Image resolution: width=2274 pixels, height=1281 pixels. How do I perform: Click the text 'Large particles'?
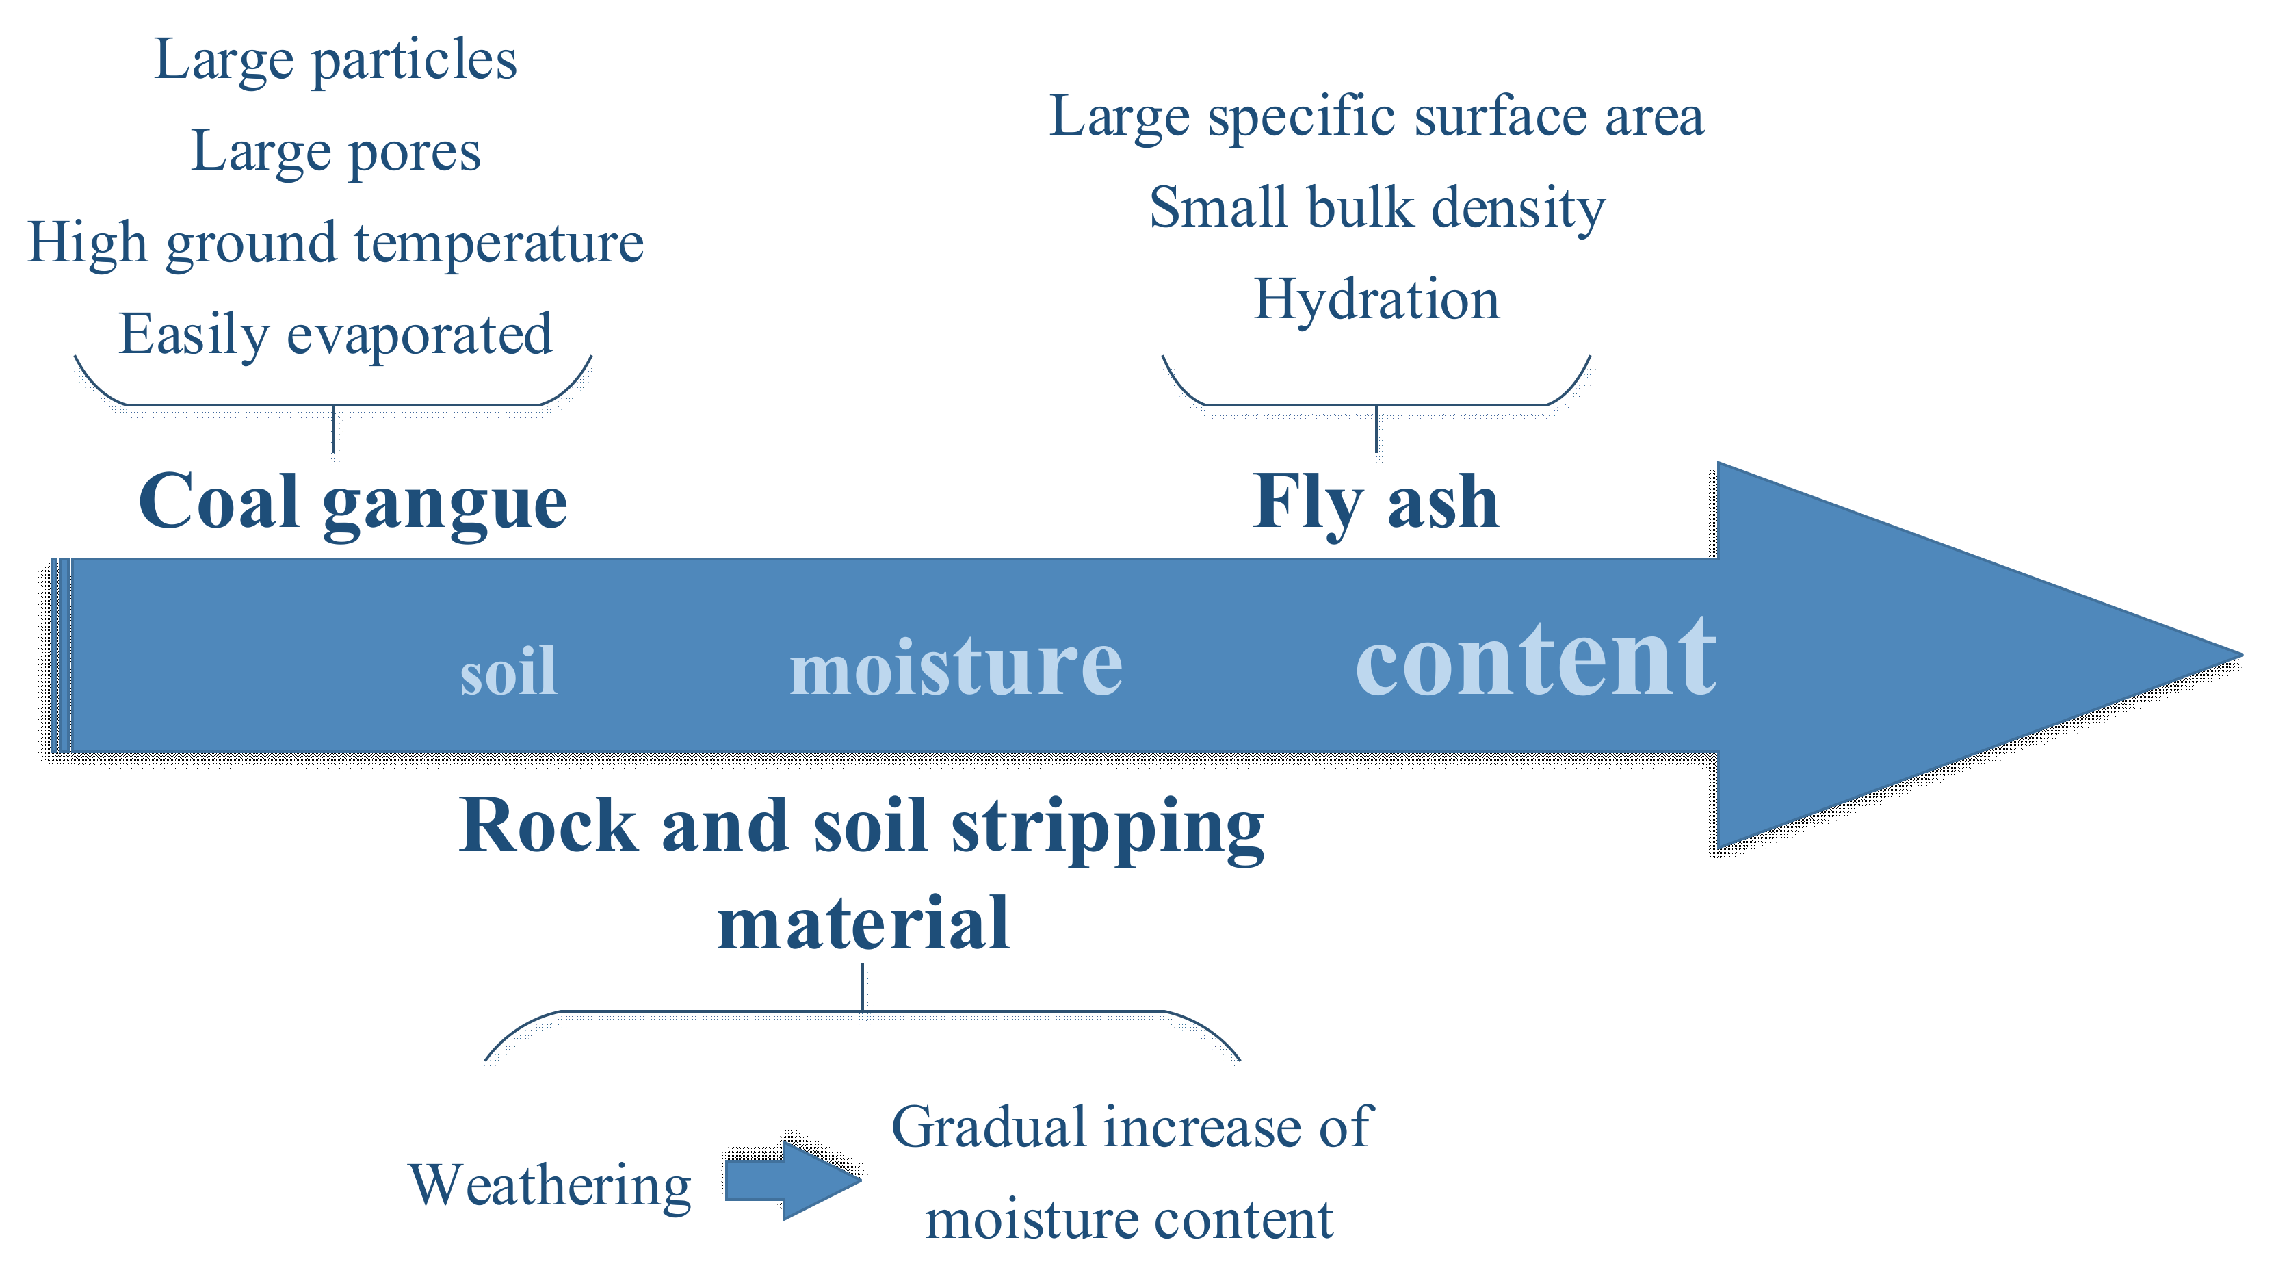click(x=335, y=60)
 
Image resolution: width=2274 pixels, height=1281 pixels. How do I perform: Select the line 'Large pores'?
click(x=335, y=152)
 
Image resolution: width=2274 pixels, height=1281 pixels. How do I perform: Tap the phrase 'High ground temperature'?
click(x=335, y=243)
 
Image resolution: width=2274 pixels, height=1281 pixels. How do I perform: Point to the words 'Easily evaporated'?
click(x=335, y=335)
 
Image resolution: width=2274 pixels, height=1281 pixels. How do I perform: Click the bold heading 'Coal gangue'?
click(x=353, y=502)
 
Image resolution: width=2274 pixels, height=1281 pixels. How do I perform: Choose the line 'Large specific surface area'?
click(x=1375, y=116)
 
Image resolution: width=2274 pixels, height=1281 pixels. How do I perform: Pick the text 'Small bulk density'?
click(x=1375, y=208)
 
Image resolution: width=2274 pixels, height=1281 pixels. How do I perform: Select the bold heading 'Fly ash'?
click(x=1375, y=502)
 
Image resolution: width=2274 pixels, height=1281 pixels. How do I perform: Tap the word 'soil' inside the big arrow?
click(x=508, y=671)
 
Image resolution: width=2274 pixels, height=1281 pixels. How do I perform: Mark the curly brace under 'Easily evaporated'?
click(x=332, y=404)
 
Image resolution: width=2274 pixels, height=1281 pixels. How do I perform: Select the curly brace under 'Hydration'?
click(x=1375, y=404)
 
